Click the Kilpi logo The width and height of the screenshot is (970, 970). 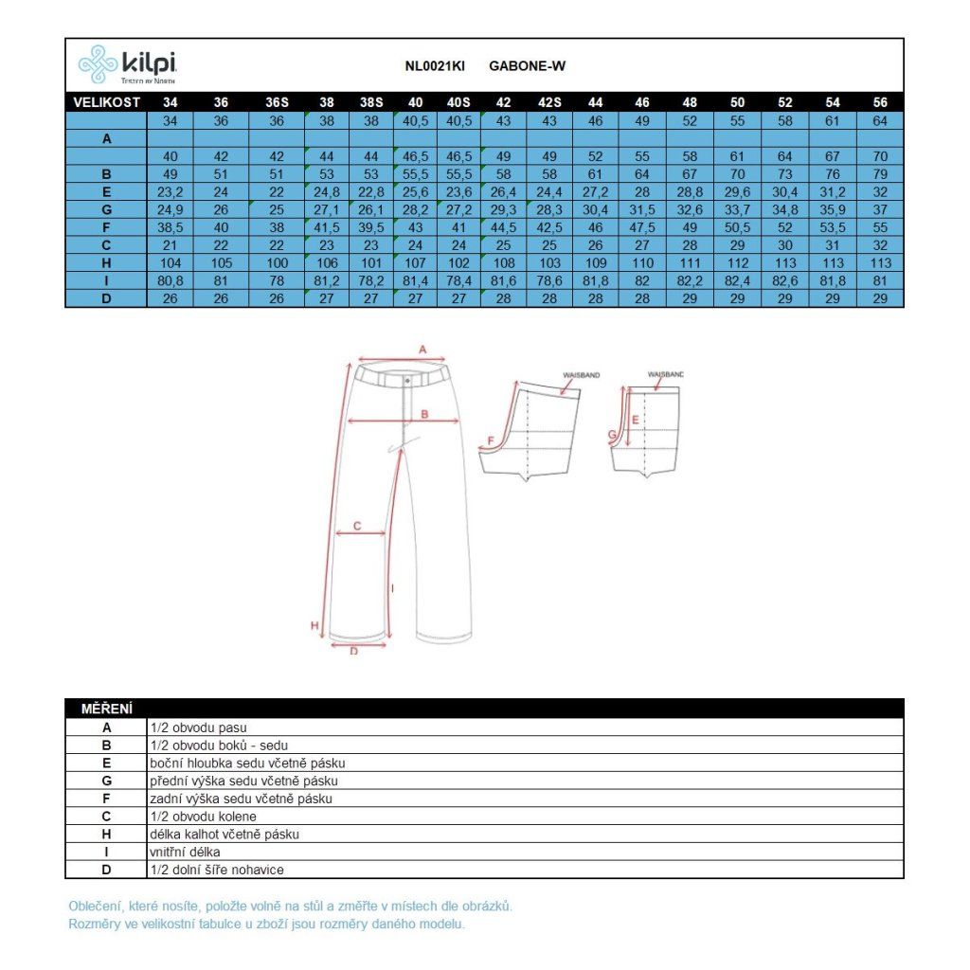click(x=128, y=64)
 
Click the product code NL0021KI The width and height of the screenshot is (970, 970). click(x=435, y=66)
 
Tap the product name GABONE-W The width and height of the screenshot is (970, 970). click(x=527, y=66)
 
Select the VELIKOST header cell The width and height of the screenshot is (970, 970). click(x=106, y=102)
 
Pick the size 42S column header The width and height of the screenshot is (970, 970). click(x=549, y=102)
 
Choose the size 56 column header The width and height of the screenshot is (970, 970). click(x=880, y=102)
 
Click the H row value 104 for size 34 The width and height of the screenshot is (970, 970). click(x=171, y=263)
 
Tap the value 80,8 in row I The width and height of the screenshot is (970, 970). click(x=171, y=280)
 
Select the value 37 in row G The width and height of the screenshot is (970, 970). click(x=880, y=209)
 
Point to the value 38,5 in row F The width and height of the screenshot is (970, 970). click(x=171, y=227)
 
